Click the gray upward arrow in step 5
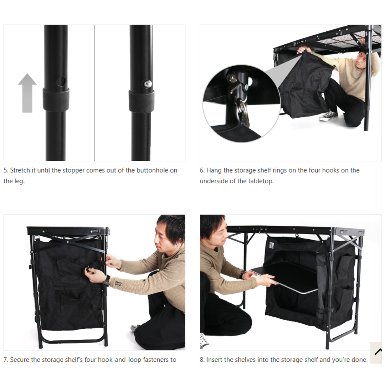[x=27, y=93]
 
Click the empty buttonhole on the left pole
[x=61, y=82]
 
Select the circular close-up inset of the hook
[x=241, y=104]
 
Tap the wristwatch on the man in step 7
[x=106, y=281]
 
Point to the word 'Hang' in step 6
[x=214, y=170]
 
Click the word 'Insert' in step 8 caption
[x=214, y=360]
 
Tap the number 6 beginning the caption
[x=201, y=170]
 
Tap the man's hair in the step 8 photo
[x=210, y=223]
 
